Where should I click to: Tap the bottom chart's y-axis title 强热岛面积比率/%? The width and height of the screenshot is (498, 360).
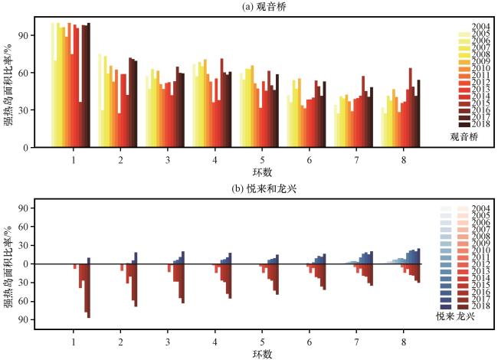8,264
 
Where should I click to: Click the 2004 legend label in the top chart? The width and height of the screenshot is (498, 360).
481,27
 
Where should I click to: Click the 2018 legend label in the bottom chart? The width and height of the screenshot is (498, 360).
481,305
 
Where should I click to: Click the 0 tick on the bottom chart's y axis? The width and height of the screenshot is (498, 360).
26,264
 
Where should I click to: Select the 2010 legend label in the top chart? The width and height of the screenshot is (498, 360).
481,68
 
